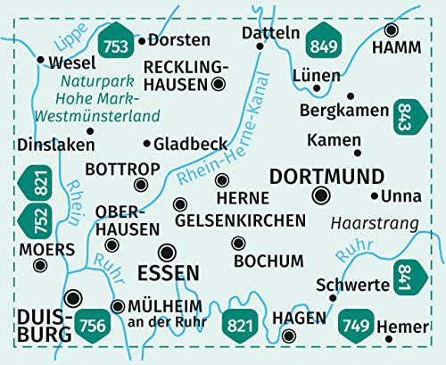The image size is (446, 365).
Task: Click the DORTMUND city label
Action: pyautogui.click(x=326, y=175)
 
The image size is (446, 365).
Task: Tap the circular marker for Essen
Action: pyautogui.click(x=166, y=251)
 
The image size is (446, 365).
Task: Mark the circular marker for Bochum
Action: pyautogui.click(x=237, y=243)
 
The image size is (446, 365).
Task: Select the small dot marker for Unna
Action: pyautogui.click(x=373, y=195)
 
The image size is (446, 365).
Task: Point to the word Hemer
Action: pyautogui.click(x=397, y=328)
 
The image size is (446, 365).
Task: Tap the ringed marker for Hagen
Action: pyautogui.click(x=289, y=336)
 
